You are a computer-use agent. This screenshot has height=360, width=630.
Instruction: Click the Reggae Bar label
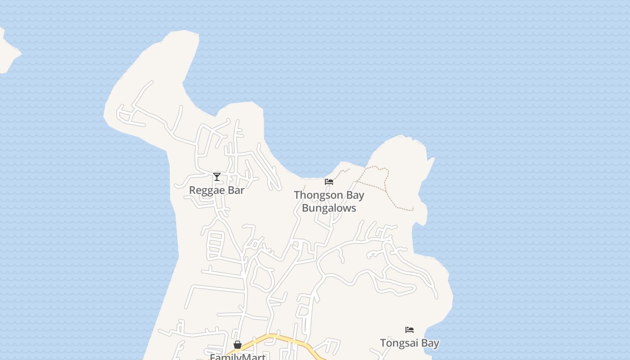[216, 190]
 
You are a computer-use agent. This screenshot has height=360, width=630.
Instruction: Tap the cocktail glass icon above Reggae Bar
[217, 177]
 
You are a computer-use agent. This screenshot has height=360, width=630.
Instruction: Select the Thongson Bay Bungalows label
[329, 201]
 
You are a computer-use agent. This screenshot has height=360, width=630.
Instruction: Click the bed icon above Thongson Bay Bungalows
[329, 182]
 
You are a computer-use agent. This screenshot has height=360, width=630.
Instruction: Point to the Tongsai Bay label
[409, 343]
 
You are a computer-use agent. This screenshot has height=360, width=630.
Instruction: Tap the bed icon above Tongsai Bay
[409, 330]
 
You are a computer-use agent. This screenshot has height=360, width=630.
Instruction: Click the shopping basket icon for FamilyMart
[238, 345]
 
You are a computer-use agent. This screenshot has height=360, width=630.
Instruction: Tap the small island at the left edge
[6, 52]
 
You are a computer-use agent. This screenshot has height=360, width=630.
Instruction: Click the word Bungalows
[329, 208]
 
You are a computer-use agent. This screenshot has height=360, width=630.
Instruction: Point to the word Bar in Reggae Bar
[236, 190]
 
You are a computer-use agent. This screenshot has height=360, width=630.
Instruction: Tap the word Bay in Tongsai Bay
[430, 343]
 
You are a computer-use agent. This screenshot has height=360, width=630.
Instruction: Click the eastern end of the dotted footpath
[413, 209]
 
